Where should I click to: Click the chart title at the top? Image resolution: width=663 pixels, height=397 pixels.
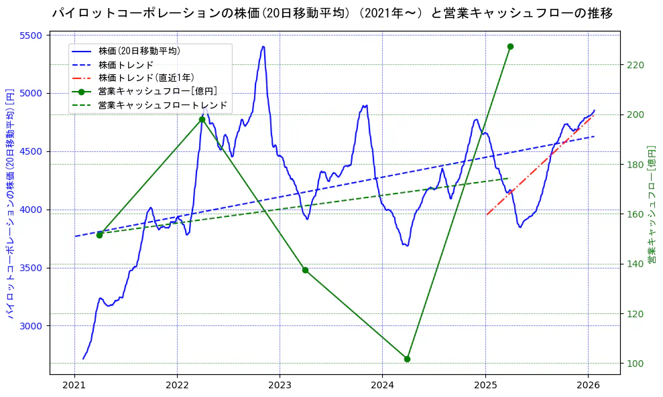click(x=332, y=13)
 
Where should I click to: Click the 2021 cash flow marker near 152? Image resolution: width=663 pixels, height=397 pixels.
click(x=99, y=235)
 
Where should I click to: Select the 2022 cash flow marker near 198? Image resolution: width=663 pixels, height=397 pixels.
click(x=202, y=120)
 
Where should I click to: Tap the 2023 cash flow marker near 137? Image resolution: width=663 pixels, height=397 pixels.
click(x=305, y=270)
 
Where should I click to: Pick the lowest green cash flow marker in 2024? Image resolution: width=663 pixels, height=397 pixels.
click(x=407, y=359)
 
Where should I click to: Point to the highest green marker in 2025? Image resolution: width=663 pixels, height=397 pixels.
click(x=510, y=46)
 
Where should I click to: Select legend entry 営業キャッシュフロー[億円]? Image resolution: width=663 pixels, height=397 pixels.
click(x=157, y=92)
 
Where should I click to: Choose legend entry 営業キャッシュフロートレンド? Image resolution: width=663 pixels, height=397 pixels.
click(x=162, y=106)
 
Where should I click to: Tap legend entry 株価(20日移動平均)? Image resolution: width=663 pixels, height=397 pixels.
click(x=139, y=51)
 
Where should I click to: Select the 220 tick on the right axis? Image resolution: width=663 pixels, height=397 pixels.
click(x=636, y=65)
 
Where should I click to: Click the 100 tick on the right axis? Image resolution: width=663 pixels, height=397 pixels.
click(x=636, y=364)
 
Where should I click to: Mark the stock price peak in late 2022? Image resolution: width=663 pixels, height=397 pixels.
click(x=263, y=47)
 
